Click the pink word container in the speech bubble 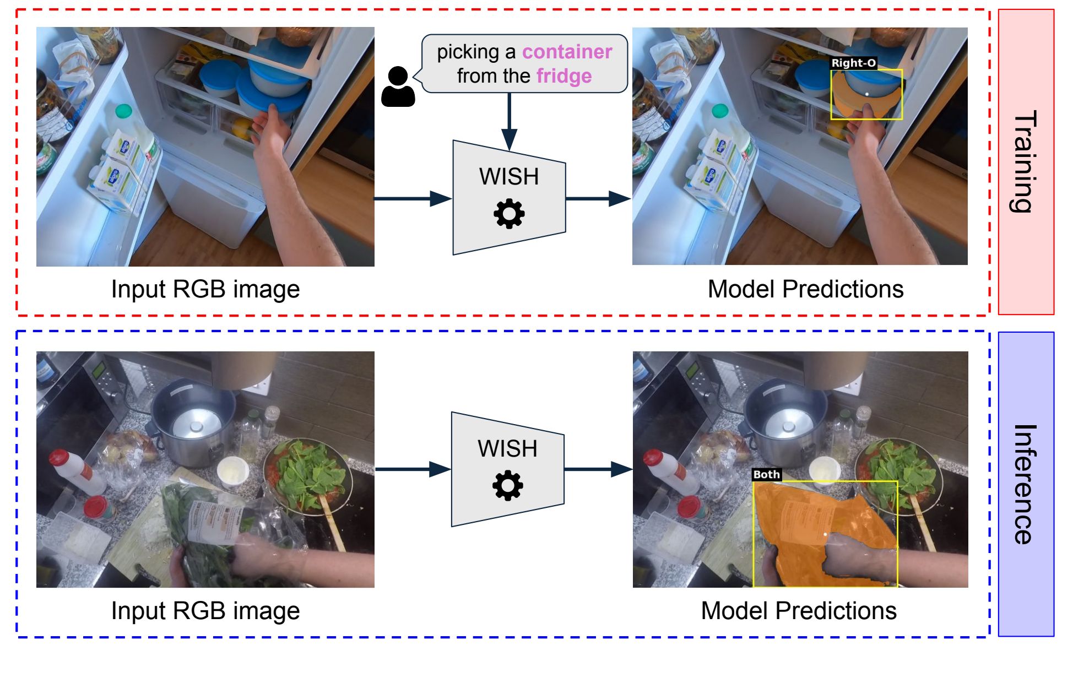pos(567,52)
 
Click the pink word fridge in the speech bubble pos(564,76)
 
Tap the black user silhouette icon pos(398,87)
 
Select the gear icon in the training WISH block pos(509,214)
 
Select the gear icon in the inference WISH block pos(507,486)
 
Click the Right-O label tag pos(853,63)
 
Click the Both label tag pos(766,474)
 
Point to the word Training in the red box pos(1025,161)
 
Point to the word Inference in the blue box pos(1025,484)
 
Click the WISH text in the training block pos(509,177)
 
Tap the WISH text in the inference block pos(507,449)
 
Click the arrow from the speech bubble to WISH pos(510,121)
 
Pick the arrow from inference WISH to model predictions pos(598,469)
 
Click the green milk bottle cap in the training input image pos(124,111)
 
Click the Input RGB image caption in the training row pos(205,289)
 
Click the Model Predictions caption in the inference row pos(799,611)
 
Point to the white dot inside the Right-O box pos(867,94)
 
